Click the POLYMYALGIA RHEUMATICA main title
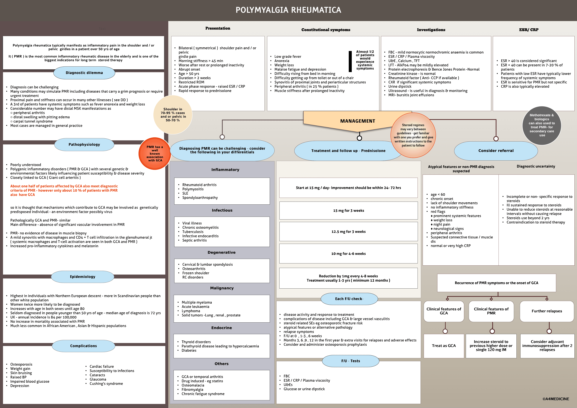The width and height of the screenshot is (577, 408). (x=288, y=10)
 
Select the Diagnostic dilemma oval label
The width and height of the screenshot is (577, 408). (x=84, y=73)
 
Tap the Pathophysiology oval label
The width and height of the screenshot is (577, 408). (x=84, y=144)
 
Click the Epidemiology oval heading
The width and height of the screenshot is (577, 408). (x=82, y=277)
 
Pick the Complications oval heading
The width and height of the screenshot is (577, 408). (x=83, y=346)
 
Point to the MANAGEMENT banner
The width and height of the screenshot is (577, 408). (x=357, y=121)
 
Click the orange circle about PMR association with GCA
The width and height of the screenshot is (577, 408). (x=155, y=153)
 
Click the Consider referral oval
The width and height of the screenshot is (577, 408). (x=496, y=151)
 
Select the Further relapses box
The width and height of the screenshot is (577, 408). (x=547, y=311)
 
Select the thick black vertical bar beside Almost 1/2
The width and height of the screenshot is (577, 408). (x=350, y=61)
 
